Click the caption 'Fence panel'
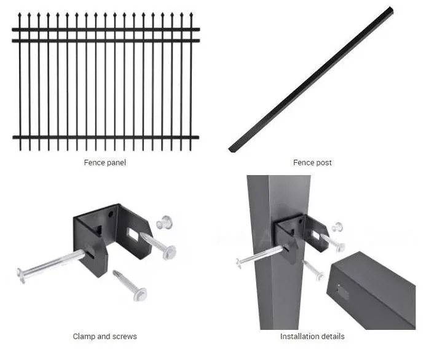click(x=105, y=163)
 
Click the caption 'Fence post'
click(x=312, y=163)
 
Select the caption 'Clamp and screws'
click(x=105, y=336)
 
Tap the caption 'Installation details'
click(x=312, y=336)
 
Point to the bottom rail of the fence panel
click(x=106, y=138)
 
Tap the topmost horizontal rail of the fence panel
click(x=106, y=29)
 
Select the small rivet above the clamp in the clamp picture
click(x=164, y=222)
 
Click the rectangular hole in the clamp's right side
click(x=133, y=234)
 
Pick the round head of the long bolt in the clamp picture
click(x=21, y=275)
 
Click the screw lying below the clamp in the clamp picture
click(x=130, y=285)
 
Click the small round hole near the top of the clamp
click(x=111, y=214)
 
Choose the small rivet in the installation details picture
click(x=337, y=227)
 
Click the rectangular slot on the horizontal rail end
click(x=343, y=292)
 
